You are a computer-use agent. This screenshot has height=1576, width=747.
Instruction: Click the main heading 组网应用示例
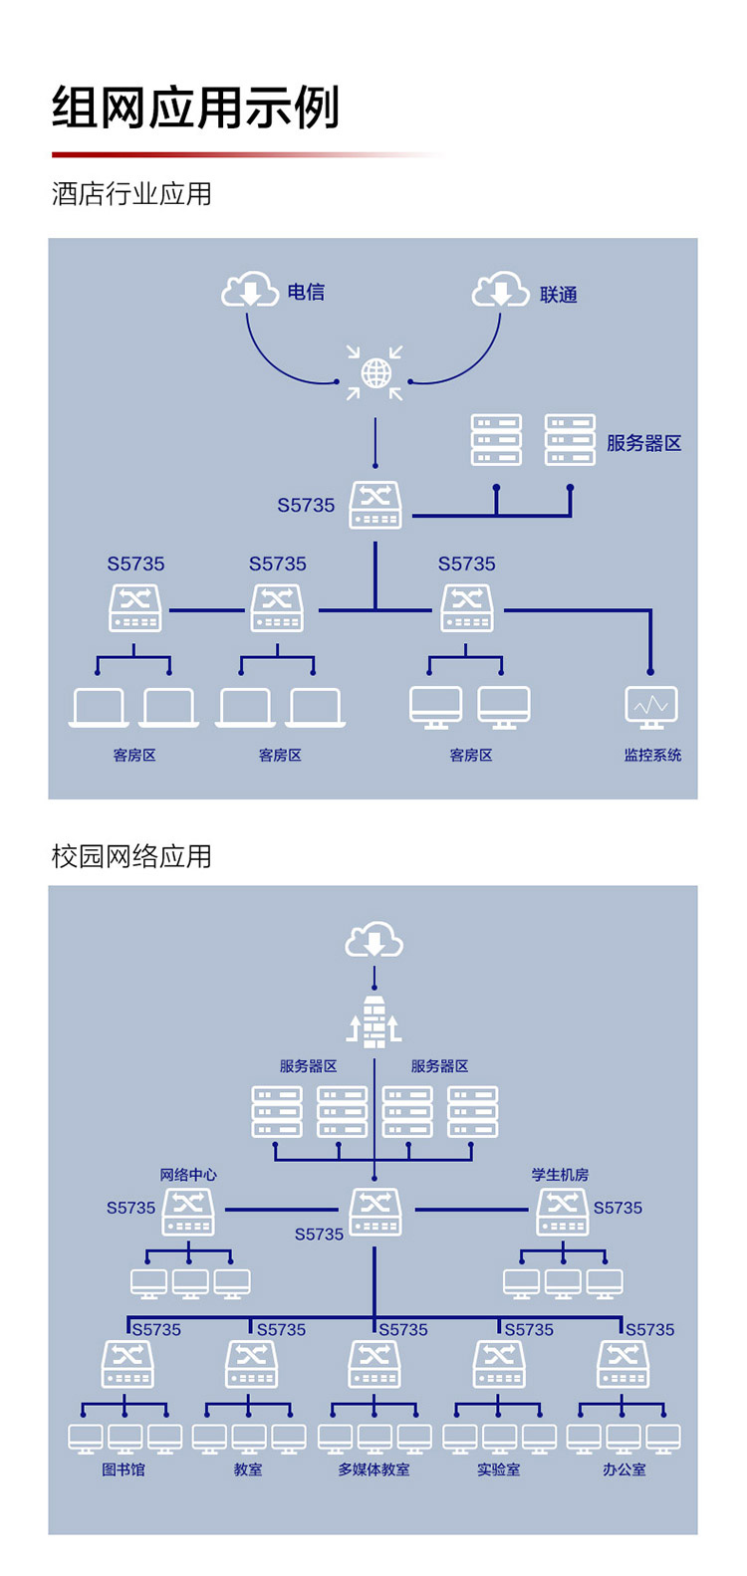[196, 108]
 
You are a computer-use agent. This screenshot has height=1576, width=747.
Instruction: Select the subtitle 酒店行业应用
[131, 193]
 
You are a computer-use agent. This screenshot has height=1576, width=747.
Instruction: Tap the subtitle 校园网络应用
[131, 856]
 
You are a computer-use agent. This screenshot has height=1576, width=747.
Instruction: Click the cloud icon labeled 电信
[249, 290]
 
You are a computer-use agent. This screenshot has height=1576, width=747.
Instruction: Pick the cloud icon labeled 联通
[500, 290]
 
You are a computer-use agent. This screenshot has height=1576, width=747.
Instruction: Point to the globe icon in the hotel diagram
[375, 373]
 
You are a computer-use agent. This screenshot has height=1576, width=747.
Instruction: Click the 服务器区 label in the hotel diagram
[644, 443]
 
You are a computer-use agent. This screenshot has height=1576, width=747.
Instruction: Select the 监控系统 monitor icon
[651, 707]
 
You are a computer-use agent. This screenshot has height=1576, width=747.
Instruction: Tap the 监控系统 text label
[652, 756]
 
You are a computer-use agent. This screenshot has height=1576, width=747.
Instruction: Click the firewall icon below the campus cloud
[374, 1021]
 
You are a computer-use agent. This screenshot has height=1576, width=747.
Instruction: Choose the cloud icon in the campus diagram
[374, 940]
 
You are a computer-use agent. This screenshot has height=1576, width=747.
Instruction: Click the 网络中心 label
[188, 1175]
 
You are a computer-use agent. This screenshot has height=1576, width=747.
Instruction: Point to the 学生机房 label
[560, 1175]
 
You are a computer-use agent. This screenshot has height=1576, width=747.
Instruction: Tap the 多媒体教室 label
[373, 1469]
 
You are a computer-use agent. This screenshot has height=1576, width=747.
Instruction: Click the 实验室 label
[498, 1469]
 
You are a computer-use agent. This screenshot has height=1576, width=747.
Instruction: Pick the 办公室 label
[623, 1469]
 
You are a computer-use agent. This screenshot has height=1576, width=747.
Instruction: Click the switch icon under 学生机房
[563, 1212]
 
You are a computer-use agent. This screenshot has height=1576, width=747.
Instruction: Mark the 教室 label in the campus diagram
[248, 1469]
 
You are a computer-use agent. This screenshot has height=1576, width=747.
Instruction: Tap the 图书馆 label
[124, 1469]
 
